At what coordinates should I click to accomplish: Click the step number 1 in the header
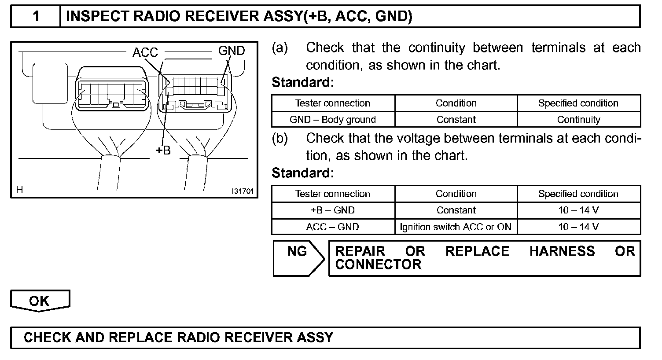(x=36, y=16)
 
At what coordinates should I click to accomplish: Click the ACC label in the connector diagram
(x=145, y=52)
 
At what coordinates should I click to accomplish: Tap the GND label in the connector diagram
(x=232, y=51)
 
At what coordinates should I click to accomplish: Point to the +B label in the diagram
(x=163, y=150)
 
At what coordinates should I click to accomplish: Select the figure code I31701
(x=243, y=191)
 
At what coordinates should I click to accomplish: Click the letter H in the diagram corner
(x=19, y=190)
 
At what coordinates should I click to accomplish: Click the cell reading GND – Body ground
(x=333, y=120)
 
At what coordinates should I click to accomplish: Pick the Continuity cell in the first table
(x=578, y=120)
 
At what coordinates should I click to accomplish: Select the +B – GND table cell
(x=333, y=210)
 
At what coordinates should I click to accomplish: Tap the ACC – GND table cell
(x=333, y=227)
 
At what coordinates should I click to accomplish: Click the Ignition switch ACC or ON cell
(x=456, y=227)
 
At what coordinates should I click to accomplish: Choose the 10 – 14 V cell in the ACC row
(x=578, y=227)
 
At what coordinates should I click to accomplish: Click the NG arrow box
(x=298, y=258)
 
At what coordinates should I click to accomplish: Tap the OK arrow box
(x=40, y=301)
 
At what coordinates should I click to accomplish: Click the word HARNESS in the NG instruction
(x=562, y=251)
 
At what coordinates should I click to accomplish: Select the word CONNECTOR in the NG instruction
(x=378, y=264)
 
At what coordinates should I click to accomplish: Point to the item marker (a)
(x=280, y=48)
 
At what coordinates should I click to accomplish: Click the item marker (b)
(x=280, y=138)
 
